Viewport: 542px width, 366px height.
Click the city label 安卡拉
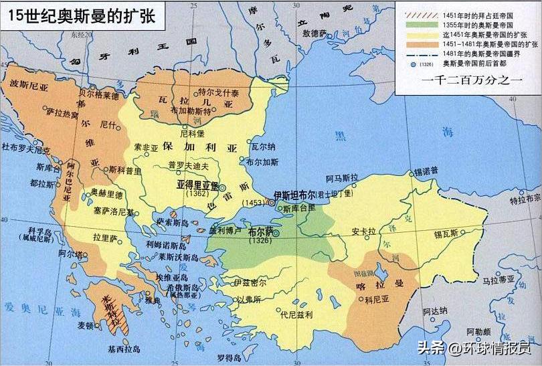pos(366,232)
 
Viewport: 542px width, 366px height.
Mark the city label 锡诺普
pos(426,171)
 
